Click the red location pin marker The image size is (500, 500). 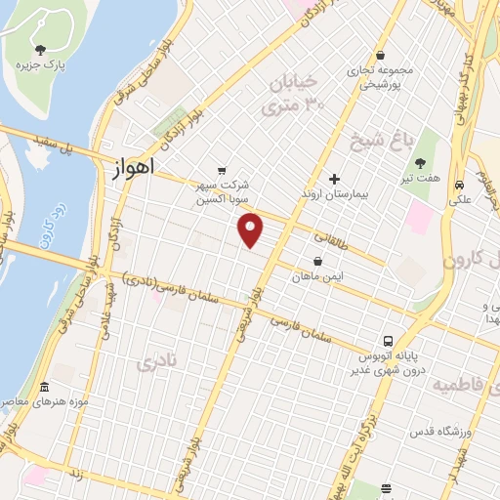(x=251, y=230)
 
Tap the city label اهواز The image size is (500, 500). (x=127, y=169)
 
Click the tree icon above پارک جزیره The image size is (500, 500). (x=40, y=50)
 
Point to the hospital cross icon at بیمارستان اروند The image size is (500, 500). (x=334, y=179)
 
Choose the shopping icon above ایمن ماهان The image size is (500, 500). (x=318, y=262)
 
